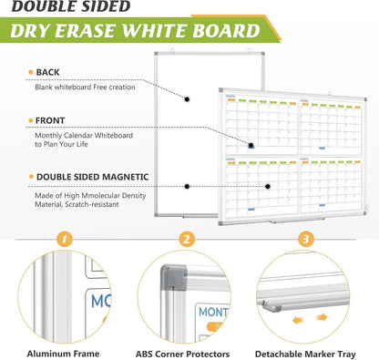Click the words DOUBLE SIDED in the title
coord(71,7)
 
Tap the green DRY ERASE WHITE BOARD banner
coord(137,32)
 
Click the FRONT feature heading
coord(50,119)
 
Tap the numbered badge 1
coord(64,240)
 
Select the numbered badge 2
coord(187,240)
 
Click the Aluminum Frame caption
coord(63,351)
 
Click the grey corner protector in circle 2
coord(170,282)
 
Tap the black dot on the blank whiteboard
coord(187,99)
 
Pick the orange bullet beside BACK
coord(29,72)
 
